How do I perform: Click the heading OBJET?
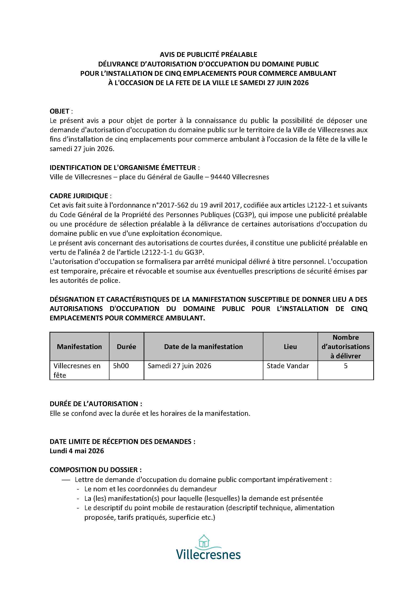(59, 111)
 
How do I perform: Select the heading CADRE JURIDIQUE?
(79, 196)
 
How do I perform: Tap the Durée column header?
(126, 347)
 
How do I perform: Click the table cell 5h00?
(121, 366)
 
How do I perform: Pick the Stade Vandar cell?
(287, 366)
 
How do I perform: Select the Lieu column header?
(290, 347)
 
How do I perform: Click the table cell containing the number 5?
(345, 366)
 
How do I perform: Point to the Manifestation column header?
(79, 347)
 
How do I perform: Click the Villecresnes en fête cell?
(77, 370)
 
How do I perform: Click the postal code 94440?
(220, 177)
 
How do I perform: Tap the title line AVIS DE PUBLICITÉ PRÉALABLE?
(208, 55)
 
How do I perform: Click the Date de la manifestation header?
(203, 347)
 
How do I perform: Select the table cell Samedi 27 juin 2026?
(179, 366)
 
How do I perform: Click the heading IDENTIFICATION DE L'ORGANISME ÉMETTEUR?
(123, 168)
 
